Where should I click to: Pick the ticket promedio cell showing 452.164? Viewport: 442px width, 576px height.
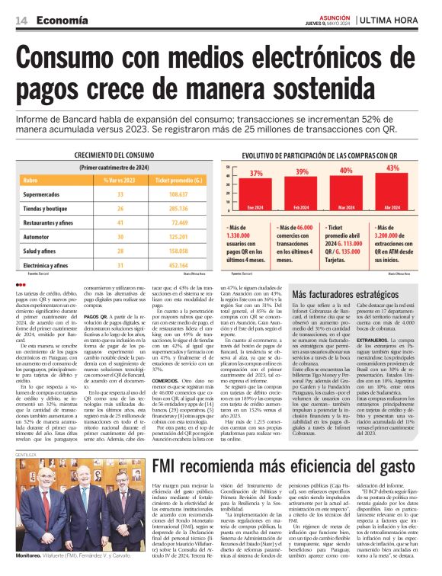pos(177,264)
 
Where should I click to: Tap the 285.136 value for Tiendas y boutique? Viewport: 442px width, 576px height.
pos(177,208)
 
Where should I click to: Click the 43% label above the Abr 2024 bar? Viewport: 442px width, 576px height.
pos(392,168)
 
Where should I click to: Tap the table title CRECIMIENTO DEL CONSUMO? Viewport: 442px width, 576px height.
pos(114,155)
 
